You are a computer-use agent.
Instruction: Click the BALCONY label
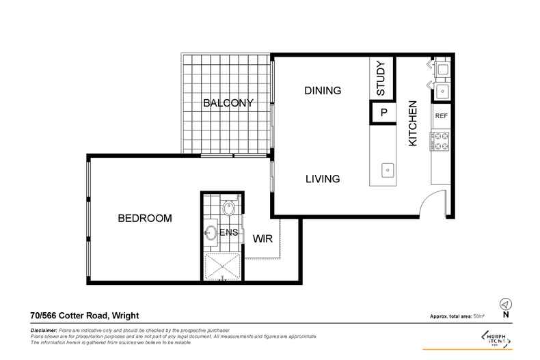(x=228, y=103)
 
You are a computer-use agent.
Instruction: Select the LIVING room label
(x=322, y=179)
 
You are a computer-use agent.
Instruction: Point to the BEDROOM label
(x=144, y=219)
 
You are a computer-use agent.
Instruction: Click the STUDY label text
(x=381, y=78)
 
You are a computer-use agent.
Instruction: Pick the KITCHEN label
(x=412, y=124)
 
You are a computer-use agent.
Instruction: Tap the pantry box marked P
(x=383, y=113)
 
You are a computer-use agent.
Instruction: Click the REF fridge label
(x=441, y=116)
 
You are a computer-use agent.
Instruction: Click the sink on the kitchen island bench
(x=387, y=168)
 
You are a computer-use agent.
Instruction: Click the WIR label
(x=263, y=240)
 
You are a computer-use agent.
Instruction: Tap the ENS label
(x=229, y=233)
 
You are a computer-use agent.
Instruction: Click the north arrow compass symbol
(x=505, y=303)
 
